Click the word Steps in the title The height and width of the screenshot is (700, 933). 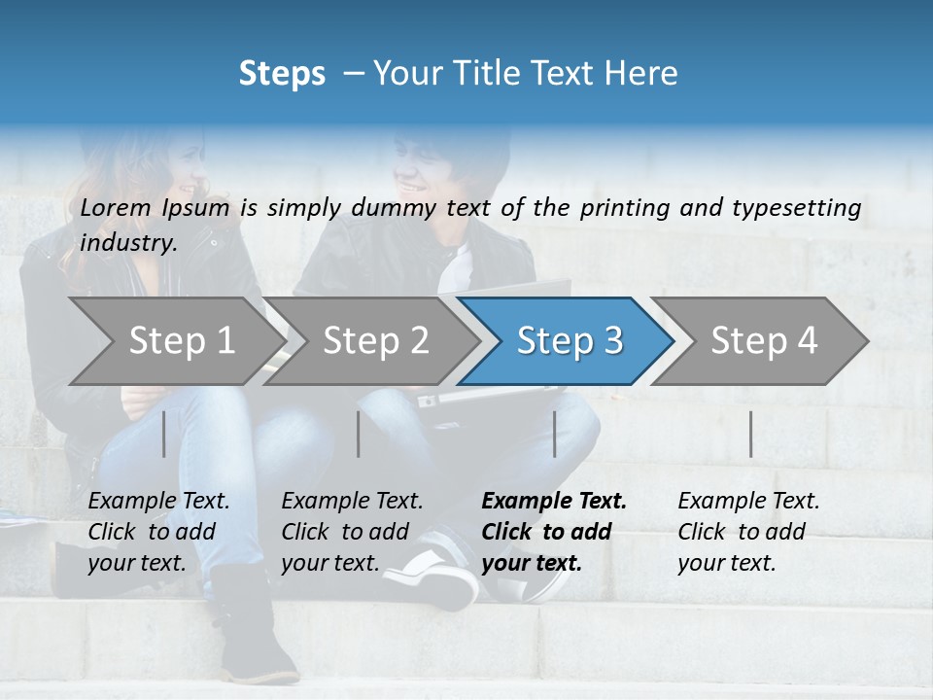pos(282,74)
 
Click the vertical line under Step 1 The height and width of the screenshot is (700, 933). pos(164,434)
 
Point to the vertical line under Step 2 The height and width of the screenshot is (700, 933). pos(359,434)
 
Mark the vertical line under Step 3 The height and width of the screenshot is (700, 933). pos(554,434)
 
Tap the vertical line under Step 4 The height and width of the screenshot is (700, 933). pos(750,434)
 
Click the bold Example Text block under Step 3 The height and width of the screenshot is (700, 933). pos(554,532)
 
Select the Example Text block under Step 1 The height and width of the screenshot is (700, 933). pos(158,532)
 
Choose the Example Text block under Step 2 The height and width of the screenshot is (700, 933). pos(352,532)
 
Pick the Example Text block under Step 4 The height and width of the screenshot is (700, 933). pos(748,532)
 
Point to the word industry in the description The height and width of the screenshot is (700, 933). pos(127,242)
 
